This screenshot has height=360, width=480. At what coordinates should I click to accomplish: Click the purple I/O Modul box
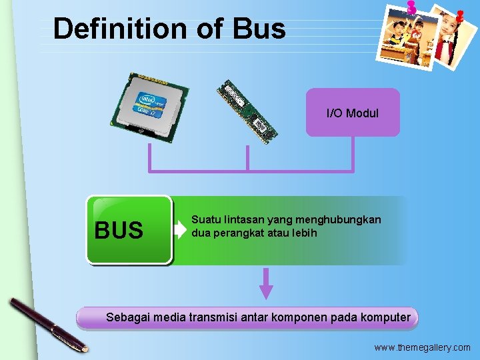[x=353, y=113]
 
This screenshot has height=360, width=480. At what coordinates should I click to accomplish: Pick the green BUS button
[x=129, y=230]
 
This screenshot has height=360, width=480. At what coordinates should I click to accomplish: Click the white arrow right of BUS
[x=181, y=230]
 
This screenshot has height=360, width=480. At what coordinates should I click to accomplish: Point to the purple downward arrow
[x=266, y=284]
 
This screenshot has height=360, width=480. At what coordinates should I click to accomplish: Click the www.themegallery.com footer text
[x=421, y=347]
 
